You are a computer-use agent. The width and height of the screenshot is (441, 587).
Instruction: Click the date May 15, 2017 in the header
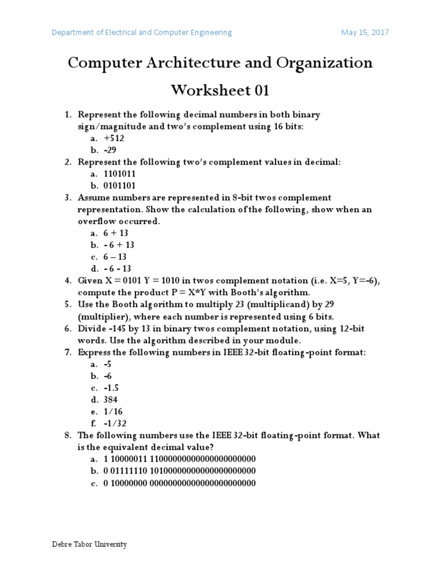[x=365, y=33]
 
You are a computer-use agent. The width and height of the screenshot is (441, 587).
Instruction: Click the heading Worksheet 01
[x=220, y=91]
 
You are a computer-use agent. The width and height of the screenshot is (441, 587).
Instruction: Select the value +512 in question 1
[x=114, y=138]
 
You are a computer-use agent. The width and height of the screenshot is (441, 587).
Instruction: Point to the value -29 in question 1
[x=110, y=150]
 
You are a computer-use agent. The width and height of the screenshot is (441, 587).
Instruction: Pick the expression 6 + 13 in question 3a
[x=116, y=233]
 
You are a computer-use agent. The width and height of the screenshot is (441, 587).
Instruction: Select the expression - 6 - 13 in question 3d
[x=118, y=269]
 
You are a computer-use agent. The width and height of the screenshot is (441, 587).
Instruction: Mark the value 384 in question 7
[x=111, y=400]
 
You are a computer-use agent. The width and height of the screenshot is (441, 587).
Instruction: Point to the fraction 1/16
[x=113, y=412]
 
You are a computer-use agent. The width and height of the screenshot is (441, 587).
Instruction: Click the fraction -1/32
[x=115, y=424]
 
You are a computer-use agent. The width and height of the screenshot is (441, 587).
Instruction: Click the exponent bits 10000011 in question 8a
[x=129, y=459]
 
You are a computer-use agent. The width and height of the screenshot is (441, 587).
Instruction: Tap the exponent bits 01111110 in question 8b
[x=129, y=471]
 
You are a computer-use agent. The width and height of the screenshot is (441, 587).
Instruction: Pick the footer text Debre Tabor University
[x=89, y=545]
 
